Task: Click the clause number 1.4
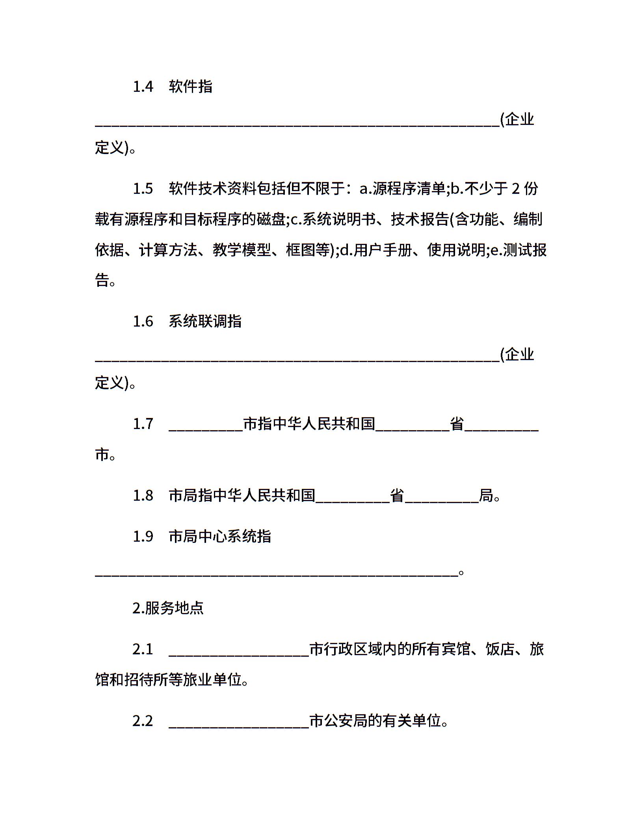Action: (143, 87)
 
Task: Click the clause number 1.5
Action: (143, 189)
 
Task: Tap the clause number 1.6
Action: (143, 321)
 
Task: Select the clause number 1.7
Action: (143, 424)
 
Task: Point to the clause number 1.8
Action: (143, 496)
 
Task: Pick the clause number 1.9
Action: (143, 537)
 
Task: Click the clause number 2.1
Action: (143, 649)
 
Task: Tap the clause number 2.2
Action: (143, 721)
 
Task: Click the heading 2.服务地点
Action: (168, 608)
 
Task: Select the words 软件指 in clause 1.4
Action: (191, 87)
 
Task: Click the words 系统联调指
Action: (205, 321)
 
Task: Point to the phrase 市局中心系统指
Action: (220, 537)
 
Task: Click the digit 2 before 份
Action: (516, 189)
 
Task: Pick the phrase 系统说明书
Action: (339, 219)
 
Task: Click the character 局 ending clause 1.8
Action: (486, 496)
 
